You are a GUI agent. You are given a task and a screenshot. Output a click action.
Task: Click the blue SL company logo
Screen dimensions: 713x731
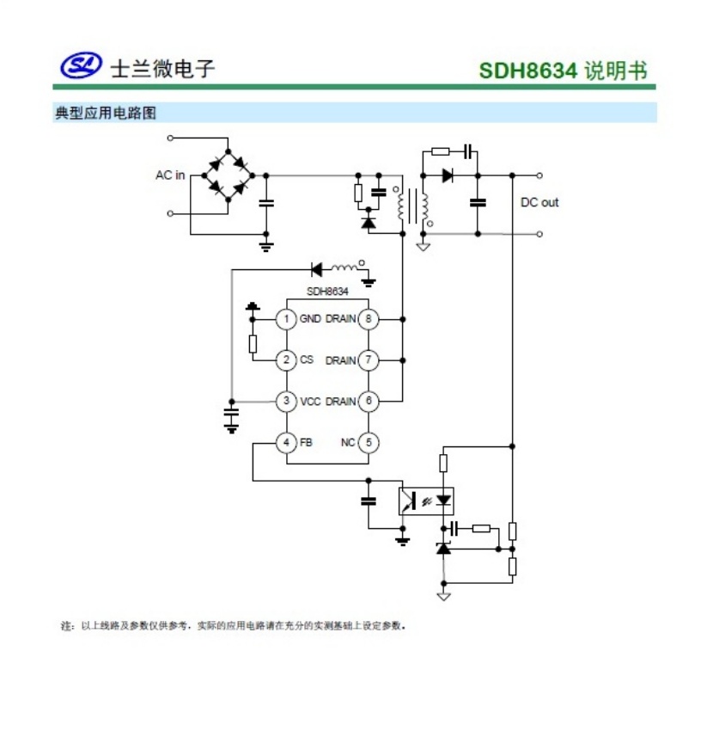81,65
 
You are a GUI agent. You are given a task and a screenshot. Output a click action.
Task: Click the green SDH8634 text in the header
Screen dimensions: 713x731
527,71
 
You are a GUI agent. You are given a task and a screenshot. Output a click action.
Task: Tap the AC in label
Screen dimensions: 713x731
170,175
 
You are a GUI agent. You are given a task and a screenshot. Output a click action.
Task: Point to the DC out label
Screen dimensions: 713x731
539,202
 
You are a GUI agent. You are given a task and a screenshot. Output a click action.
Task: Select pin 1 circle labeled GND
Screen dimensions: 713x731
286,319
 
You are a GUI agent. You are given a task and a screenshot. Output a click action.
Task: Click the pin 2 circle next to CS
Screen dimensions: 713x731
286,360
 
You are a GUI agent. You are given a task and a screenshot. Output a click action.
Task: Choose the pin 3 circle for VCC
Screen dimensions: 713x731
286,402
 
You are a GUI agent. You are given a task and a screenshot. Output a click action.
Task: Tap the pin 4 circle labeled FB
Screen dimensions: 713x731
286,442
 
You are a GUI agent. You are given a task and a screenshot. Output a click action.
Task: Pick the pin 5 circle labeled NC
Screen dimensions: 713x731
369,442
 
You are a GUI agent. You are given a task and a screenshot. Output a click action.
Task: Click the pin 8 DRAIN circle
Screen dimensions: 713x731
369,319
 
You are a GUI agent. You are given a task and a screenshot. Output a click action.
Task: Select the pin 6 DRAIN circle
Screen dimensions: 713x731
369,402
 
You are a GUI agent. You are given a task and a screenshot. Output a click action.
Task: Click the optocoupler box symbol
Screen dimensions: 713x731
426,501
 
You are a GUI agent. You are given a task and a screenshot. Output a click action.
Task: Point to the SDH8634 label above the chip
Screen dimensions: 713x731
327,292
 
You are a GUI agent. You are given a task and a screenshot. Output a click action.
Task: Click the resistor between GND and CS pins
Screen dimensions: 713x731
253,344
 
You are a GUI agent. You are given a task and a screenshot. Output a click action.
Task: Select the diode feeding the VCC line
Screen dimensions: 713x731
317,269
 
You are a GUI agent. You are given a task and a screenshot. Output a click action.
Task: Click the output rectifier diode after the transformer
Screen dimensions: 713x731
448,175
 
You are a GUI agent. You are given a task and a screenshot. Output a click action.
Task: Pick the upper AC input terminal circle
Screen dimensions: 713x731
170,138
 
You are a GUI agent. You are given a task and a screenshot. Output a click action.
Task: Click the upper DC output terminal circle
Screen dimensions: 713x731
539,175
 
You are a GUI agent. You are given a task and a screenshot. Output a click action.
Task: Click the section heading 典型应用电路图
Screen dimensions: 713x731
106,113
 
